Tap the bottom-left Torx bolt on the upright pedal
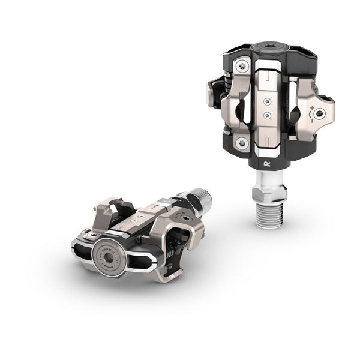click(242, 142)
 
